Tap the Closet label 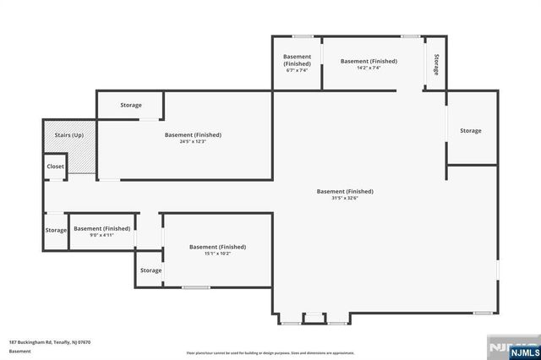click(55, 166)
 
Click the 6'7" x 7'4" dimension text click(297, 70)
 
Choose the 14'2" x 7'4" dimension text click(369, 68)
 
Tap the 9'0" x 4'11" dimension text click(101, 235)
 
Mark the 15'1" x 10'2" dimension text click(217, 254)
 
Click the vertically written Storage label click(436, 65)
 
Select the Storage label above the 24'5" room click(131, 105)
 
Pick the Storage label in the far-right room click(471, 130)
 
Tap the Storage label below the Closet click(56, 230)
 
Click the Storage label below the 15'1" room click(151, 270)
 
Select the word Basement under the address click(20, 351)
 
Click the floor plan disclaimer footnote click(270, 353)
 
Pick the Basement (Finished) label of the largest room click(345, 191)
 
